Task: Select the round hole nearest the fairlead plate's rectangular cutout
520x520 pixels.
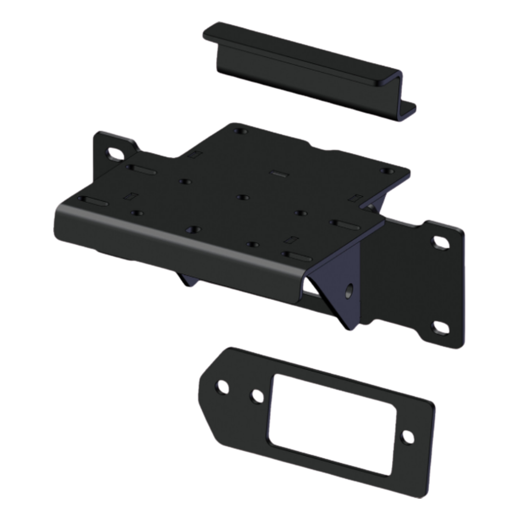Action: click(x=256, y=396)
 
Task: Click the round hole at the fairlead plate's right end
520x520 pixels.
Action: click(x=407, y=437)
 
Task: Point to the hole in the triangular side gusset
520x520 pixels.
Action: click(x=349, y=290)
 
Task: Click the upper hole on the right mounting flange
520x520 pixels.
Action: click(x=439, y=242)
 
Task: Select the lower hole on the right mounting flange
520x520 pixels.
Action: click(x=439, y=328)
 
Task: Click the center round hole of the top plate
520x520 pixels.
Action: click(x=242, y=197)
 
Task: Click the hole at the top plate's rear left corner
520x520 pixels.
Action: click(x=239, y=130)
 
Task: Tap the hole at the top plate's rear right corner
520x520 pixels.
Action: click(x=387, y=171)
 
